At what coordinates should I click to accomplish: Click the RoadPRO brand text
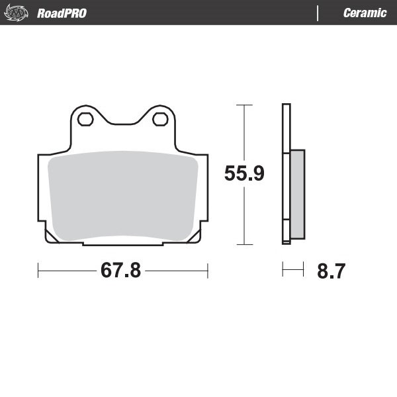click(62, 13)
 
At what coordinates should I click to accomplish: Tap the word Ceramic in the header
click(365, 13)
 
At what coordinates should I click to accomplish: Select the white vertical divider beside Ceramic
click(318, 13)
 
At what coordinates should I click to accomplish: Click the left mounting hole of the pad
click(85, 119)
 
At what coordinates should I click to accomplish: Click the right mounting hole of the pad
click(160, 119)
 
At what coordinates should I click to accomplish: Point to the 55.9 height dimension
click(244, 174)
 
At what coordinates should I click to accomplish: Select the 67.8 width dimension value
click(120, 271)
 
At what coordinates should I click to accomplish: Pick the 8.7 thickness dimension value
click(331, 271)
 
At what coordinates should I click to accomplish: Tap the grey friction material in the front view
click(123, 195)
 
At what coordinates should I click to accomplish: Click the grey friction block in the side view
click(298, 193)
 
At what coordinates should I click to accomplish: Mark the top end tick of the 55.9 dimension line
click(245, 105)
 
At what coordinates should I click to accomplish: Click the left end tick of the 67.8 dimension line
click(39, 270)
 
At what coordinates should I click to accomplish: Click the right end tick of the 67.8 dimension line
click(208, 270)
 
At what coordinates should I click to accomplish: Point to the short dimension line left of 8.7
click(292, 269)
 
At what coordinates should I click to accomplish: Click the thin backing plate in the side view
click(286, 173)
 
